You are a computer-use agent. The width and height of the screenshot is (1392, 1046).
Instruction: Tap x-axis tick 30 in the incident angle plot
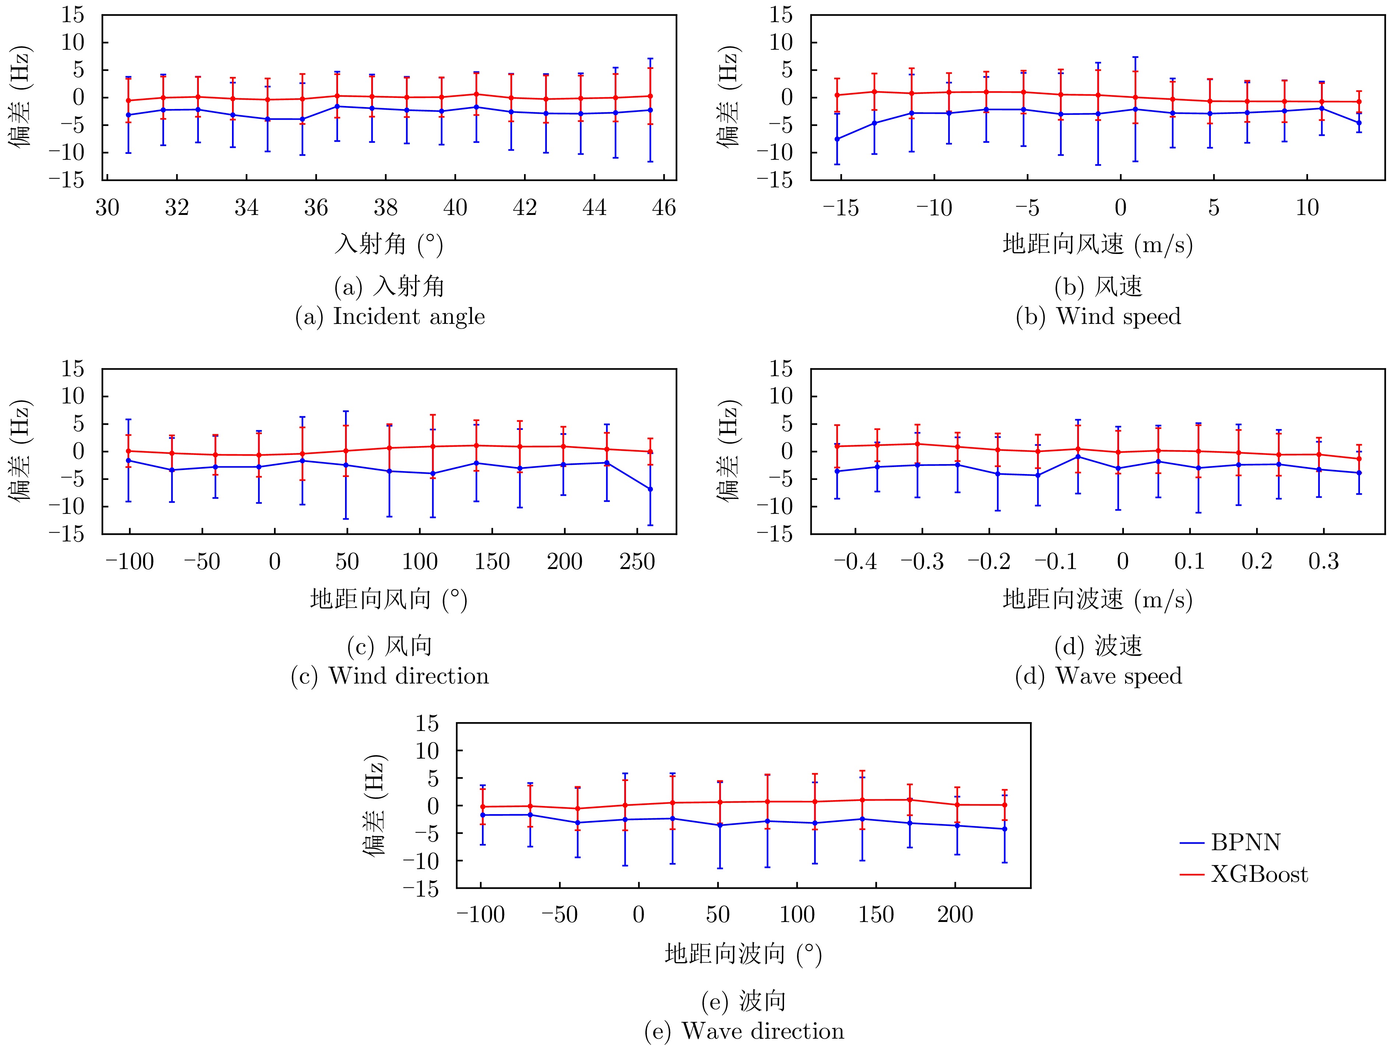click(107, 208)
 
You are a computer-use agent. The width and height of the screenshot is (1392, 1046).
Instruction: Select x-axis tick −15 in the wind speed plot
click(841, 208)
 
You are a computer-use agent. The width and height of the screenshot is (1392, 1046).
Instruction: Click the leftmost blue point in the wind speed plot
click(837, 139)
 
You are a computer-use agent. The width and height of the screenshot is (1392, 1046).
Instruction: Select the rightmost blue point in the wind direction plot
click(650, 489)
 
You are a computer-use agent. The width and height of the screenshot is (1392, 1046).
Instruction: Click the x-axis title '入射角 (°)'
click(388, 244)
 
